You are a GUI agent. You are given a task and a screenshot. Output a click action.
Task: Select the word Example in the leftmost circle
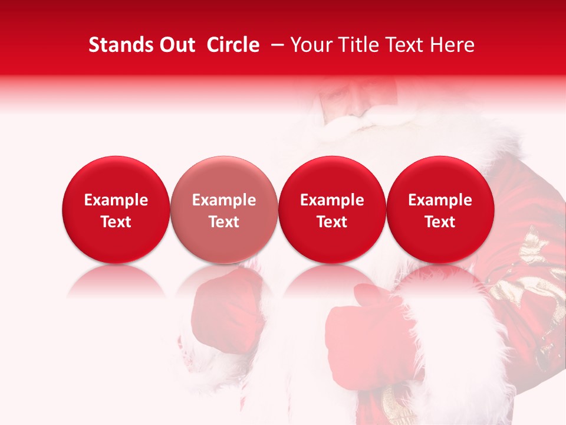tap(116, 200)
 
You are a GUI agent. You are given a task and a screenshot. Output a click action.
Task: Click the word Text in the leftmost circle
tap(116, 222)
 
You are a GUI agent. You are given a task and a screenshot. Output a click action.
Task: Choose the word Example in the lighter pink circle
tap(224, 200)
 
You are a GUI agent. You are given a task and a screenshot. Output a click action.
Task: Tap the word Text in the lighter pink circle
tap(224, 222)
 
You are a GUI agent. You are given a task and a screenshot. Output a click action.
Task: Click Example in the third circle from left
tap(332, 200)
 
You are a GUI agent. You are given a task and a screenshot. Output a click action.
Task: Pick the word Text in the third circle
tap(332, 222)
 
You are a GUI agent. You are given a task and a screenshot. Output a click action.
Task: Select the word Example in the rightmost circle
tap(440, 200)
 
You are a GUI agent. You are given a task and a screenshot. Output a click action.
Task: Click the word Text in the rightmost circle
tap(440, 222)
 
